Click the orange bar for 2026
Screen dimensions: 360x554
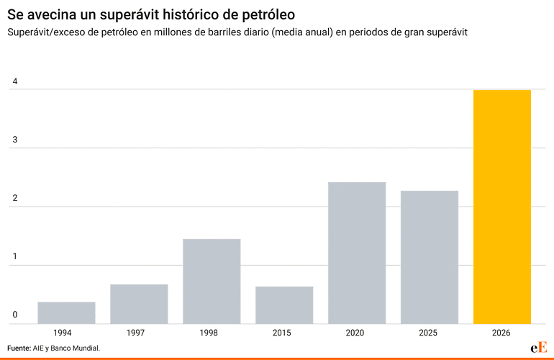[501, 207]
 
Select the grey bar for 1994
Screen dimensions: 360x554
[66, 312]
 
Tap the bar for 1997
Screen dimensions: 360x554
[139, 304]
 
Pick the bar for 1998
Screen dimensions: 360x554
[212, 281]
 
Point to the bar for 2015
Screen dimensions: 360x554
[284, 305]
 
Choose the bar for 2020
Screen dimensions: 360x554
[357, 253]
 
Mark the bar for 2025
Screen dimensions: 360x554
[430, 257]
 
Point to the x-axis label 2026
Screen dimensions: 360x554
[501, 333]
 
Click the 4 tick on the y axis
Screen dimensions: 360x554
[14, 82]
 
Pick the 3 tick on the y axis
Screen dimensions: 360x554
[14, 140]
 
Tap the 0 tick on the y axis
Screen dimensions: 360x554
[14, 315]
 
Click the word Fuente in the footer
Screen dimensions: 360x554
[19, 348]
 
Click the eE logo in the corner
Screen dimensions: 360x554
[539, 347]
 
